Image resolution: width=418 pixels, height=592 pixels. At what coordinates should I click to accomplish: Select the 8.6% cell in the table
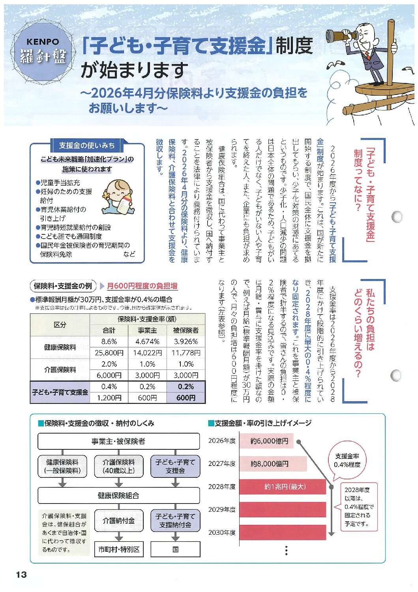click(x=109, y=341)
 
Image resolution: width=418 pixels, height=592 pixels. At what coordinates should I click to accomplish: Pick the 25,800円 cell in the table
click(x=109, y=353)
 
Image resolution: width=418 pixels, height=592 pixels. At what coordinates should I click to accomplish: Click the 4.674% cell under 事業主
click(x=147, y=341)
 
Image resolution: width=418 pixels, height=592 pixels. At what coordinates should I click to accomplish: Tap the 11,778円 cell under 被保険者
click(x=186, y=353)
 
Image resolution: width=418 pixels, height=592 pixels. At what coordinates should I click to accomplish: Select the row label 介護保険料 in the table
click(x=60, y=370)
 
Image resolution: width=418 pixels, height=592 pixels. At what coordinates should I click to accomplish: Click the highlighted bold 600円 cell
click(x=186, y=398)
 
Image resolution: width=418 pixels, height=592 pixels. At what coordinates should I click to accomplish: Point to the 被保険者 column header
click(x=186, y=330)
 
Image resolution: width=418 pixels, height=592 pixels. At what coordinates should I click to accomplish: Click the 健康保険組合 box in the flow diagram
click(x=118, y=495)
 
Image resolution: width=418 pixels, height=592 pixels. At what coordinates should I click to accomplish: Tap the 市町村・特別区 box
click(x=119, y=549)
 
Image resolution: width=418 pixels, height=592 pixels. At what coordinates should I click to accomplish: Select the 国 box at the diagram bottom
click(x=175, y=549)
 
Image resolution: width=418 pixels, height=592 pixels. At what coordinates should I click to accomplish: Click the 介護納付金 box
click(x=119, y=521)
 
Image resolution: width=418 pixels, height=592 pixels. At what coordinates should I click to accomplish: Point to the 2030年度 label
click(x=222, y=532)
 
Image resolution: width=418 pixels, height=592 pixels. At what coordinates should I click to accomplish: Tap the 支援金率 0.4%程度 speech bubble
click(x=347, y=460)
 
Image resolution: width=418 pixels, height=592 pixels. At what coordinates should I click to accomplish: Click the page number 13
click(x=21, y=575)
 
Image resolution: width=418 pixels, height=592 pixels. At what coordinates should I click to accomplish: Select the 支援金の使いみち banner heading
click(x=87, y=145)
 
